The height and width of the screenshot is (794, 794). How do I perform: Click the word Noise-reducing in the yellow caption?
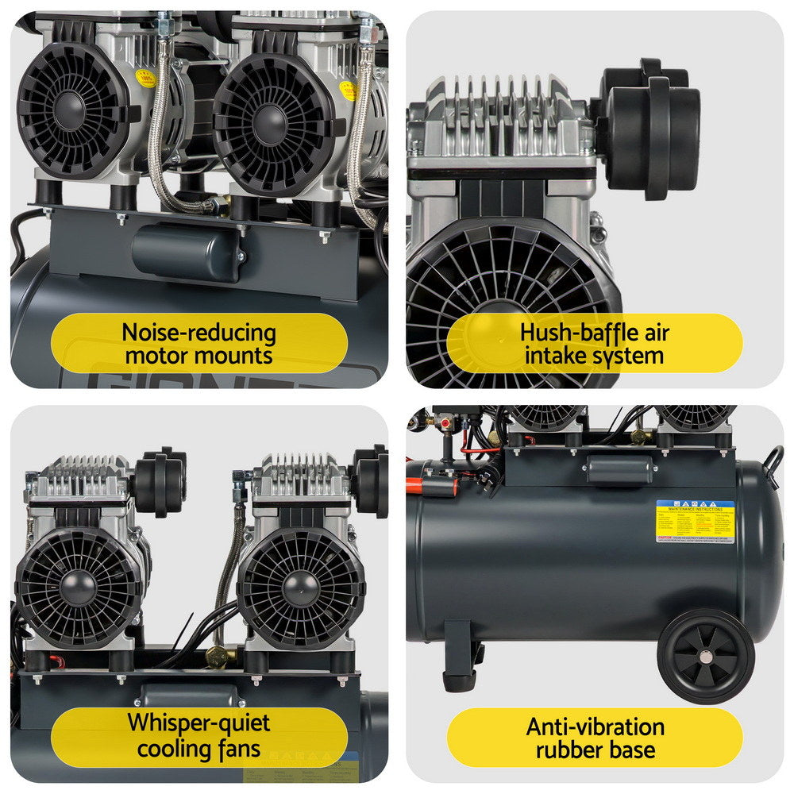198,333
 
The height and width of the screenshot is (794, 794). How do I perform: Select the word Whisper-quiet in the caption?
198,723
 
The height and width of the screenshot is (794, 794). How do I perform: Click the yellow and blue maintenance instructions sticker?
695,521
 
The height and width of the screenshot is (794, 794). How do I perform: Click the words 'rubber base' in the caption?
595,749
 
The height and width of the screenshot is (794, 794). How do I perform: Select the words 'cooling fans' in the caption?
198,748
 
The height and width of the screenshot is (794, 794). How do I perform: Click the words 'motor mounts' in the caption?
198,356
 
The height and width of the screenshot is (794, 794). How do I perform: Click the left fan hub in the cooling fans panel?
79,583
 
